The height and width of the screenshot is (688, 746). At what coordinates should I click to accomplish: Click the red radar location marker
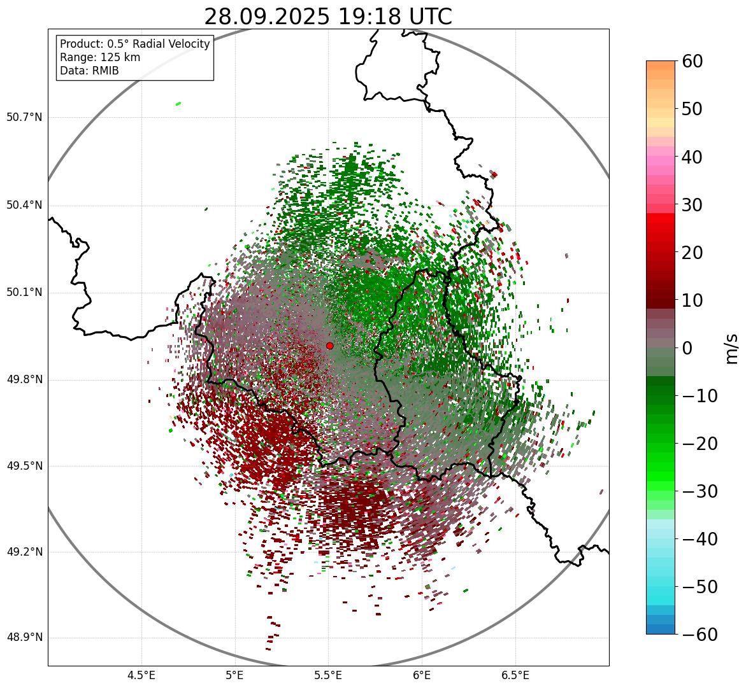[329, 346]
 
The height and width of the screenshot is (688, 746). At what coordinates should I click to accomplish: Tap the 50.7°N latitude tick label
[24, 118]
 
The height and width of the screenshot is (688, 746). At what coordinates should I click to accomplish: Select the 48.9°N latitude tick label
[24, 638]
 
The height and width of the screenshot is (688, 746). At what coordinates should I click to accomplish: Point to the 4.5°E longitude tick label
[141, 675]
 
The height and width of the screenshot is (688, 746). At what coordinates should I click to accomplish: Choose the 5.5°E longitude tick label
[328, 675]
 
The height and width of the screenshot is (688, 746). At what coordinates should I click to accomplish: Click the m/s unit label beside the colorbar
[733, 348]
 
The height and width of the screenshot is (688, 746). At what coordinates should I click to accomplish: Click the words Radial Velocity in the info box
[168, 44]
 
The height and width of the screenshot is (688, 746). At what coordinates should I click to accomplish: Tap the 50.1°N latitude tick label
[24, 293]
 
